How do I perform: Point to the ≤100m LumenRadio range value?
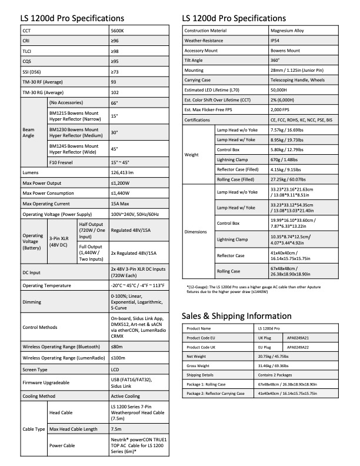pyautogui.click(x=118, y=357)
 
